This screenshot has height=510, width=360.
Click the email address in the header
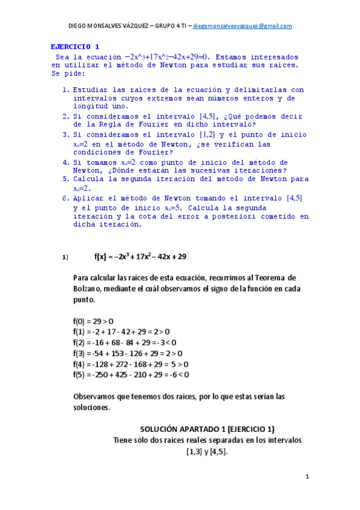(x=243, y=26)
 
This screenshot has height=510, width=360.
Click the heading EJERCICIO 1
(x=75, y=46)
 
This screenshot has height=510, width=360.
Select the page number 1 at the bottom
(x=307, y=477)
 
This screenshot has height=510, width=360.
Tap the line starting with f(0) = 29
(x=93, y=321)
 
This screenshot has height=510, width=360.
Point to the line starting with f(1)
(x=121, y=331)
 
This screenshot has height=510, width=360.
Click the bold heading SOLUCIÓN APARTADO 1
(x=207, y=429)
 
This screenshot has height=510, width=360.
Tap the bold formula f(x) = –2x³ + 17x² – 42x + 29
(x=140, y=256)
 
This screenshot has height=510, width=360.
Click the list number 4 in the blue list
(x=66, y=162)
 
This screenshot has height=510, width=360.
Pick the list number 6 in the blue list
(x=66, y=198)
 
